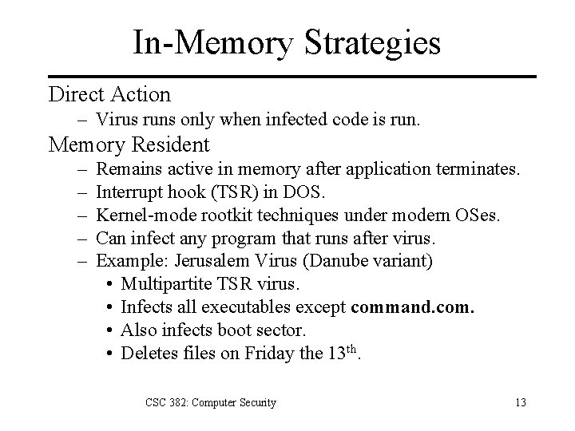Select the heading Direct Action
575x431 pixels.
[x=109, y=94]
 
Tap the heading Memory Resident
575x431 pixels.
[x=129, y=144]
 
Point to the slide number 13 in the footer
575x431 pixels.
[x=521, y=402]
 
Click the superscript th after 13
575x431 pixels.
[x=350, y=350]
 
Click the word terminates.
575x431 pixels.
[x=479, y=170]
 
